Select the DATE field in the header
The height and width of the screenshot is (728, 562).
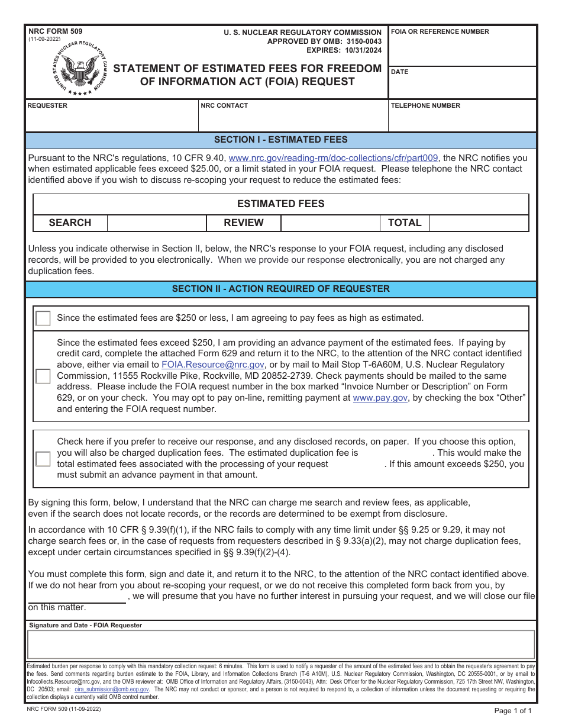click(463, 86)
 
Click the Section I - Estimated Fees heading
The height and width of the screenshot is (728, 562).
click(280, 140)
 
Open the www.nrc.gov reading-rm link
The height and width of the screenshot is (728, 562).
click(333, 158)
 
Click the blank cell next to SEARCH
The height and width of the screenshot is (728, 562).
click(156, 223)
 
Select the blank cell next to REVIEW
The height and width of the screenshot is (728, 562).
click(330, 223)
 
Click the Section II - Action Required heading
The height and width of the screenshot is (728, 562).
click(280, 289)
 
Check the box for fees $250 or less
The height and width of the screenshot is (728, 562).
click(43, 318)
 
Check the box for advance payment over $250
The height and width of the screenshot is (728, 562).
click(43, 376)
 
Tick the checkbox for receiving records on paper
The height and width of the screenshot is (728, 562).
click(43, 459)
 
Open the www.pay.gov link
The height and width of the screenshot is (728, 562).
click(380, 398)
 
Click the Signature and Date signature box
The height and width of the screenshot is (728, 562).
click(280, 645)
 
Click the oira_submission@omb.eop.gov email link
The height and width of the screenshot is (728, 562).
click(112, 690)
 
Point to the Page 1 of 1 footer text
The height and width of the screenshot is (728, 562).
click(512, 711)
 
